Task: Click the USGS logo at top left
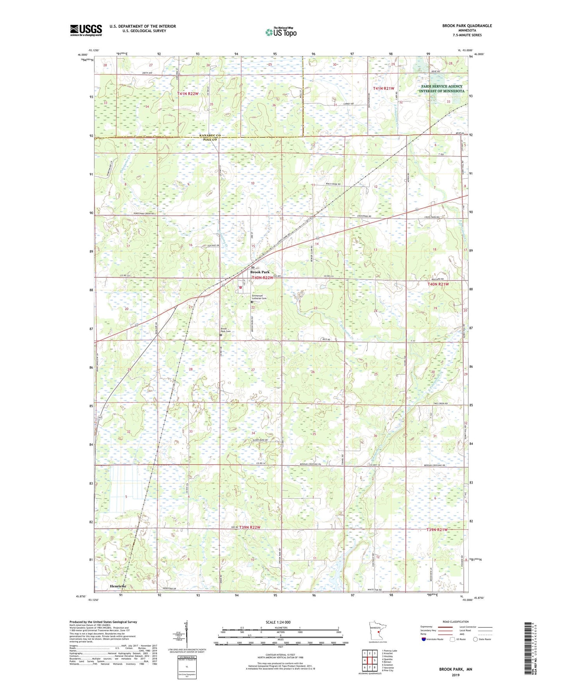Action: point(86,30)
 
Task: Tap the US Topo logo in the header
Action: point(281,32)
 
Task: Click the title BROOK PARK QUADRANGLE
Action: point(467,26)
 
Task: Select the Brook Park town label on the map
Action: point(260,272)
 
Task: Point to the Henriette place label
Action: point(118,586)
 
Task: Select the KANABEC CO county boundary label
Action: point(210,135)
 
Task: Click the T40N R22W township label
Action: point(262,278)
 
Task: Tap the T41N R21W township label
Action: point(384,89)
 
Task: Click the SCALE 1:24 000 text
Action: point(278,622)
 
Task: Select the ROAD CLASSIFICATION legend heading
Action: point(456,622)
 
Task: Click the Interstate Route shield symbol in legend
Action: point(424,639)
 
